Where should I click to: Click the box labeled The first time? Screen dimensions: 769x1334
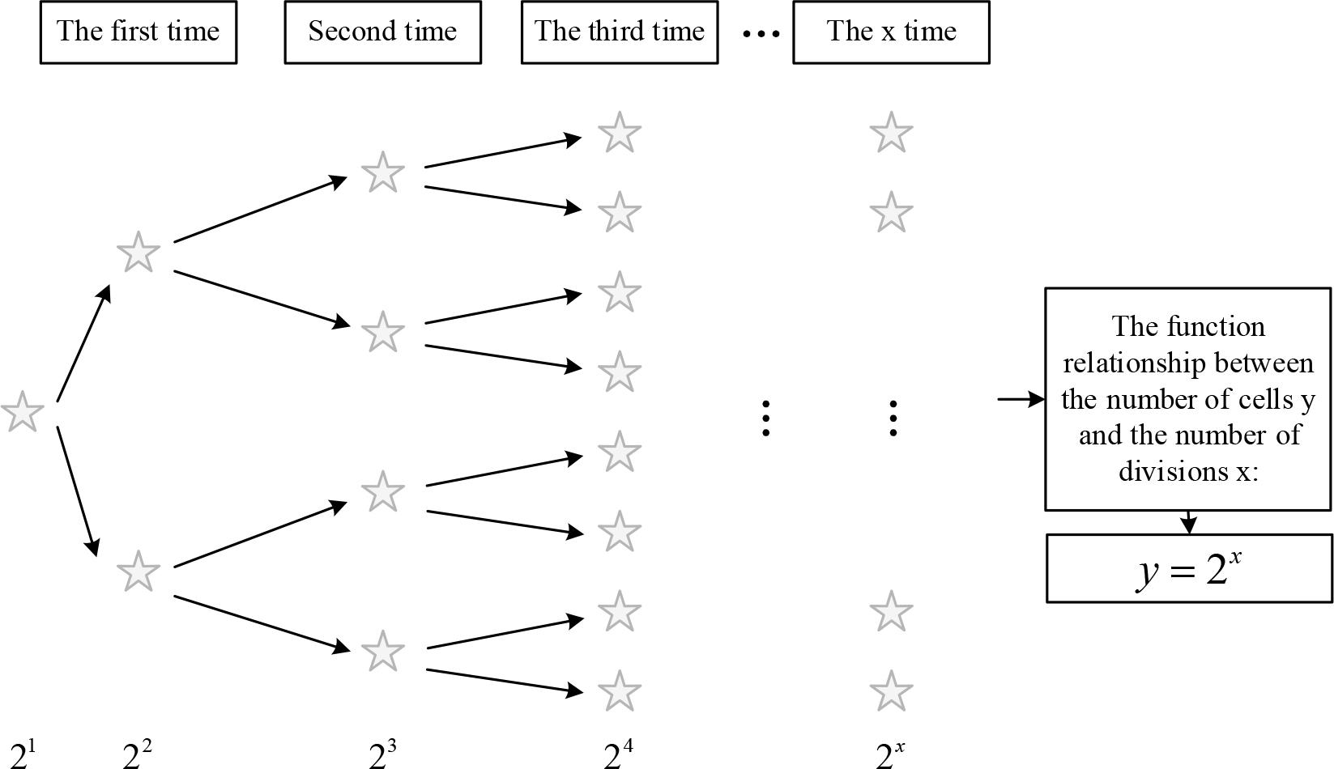[139, 32]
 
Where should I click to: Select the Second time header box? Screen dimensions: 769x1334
[382, 32]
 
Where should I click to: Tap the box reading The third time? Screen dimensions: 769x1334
[620, 32]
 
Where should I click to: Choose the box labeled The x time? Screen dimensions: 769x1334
[891, 32]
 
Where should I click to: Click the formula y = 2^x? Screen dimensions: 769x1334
[1189, 569]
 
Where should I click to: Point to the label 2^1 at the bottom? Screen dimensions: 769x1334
[23, 753]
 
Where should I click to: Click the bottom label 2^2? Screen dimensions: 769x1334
[137, 753]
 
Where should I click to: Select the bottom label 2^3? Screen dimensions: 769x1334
[382, 753]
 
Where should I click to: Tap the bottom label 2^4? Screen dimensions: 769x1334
[619, 753]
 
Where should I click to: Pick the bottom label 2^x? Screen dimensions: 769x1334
[889, 753]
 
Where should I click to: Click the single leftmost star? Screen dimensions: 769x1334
[23, 411]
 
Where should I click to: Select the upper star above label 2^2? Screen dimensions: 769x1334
[139, 252]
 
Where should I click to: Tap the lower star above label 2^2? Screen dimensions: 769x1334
[139, 571]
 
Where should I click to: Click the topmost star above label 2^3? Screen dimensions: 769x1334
[382, 172]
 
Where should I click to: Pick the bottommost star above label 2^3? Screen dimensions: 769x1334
[382, 651]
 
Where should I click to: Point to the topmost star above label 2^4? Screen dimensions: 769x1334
[620, 133]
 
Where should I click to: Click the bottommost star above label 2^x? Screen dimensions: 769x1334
[891, 691]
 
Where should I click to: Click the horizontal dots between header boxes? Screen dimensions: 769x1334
[761, 34]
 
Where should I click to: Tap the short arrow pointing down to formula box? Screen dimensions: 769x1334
[1188, 522]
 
